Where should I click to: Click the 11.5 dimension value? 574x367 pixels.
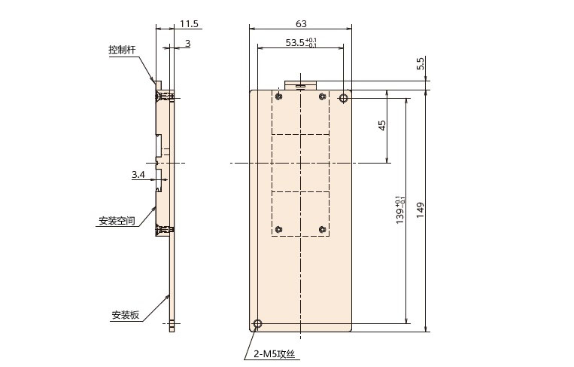(189, 24)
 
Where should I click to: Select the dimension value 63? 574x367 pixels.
(301, 24)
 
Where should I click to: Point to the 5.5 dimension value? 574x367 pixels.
(421, 63)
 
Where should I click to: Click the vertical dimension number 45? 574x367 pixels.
(382, 126)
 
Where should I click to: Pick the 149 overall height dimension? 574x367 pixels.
(421, 210)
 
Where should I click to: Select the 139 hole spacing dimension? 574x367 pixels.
(400, 210)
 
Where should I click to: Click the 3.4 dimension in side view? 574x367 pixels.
(138, 175)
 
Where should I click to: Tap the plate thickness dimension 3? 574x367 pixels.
(188, 44)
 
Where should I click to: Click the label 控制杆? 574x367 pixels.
(122, 50)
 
